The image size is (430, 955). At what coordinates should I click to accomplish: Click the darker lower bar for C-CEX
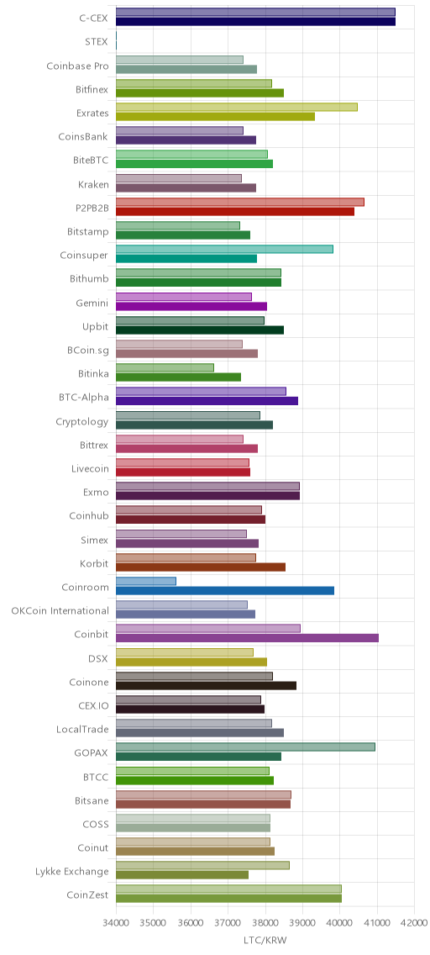tap(255, 22)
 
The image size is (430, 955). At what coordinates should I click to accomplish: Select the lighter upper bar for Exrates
tap(237, 108)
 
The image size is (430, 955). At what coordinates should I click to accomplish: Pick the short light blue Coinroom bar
tap(146, 581)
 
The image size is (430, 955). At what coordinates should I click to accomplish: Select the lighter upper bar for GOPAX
tap(245, 747)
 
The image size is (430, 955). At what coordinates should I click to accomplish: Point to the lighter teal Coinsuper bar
tap(224, 249)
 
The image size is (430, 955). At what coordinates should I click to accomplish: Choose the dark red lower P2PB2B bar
tap(235, 211)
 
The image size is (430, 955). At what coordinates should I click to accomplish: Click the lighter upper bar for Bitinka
tap(165, 367)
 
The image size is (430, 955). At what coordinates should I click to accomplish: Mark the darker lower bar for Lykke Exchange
tap(182, 874)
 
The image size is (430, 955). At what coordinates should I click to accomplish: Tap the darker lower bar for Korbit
tap(201, 567)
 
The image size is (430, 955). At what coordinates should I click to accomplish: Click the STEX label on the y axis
tap(97, 42)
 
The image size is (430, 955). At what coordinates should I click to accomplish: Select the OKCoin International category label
tap(60, 611)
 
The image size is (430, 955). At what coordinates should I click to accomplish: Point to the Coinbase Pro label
tap(78, 66)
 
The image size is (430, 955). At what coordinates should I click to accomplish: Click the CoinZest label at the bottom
tap(87, 894)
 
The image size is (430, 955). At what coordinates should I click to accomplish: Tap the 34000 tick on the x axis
tap(116, 923)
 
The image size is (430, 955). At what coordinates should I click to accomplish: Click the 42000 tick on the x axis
tap(415, 923)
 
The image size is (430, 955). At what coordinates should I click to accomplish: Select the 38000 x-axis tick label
tap(265, 923)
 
